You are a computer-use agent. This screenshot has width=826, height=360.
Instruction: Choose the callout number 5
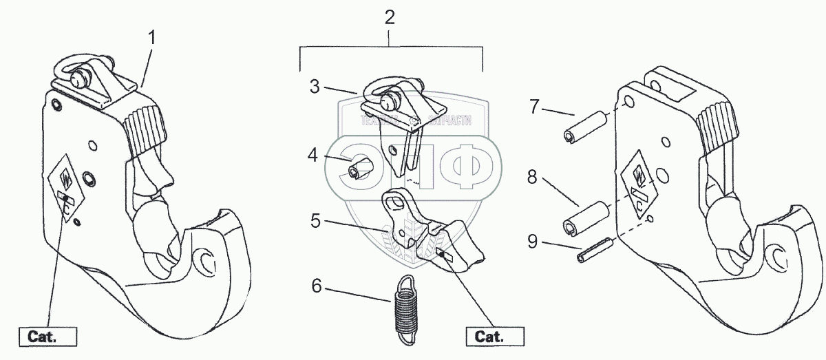[315, 222]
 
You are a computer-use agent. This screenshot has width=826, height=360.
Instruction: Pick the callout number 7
[534, 107]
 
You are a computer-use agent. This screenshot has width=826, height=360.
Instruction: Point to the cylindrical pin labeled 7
[584, 128]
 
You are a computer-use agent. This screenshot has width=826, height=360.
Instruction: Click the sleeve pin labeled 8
[586, 217]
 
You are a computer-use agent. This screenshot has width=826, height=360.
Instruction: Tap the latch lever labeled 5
[430, 231]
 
